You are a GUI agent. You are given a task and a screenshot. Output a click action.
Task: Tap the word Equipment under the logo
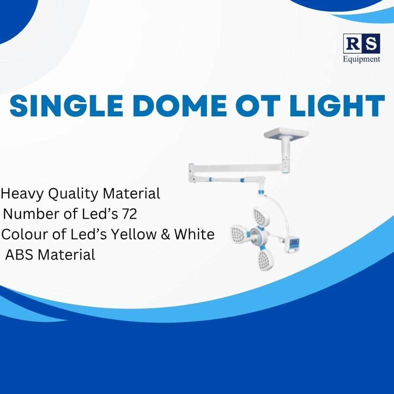[362, 59]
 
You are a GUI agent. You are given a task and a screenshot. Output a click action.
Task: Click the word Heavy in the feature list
[22, 194]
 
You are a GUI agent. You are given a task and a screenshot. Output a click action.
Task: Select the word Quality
[73, 194]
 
